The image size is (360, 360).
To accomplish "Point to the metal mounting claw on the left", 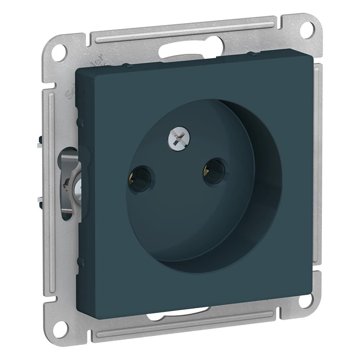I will (68, 180).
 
